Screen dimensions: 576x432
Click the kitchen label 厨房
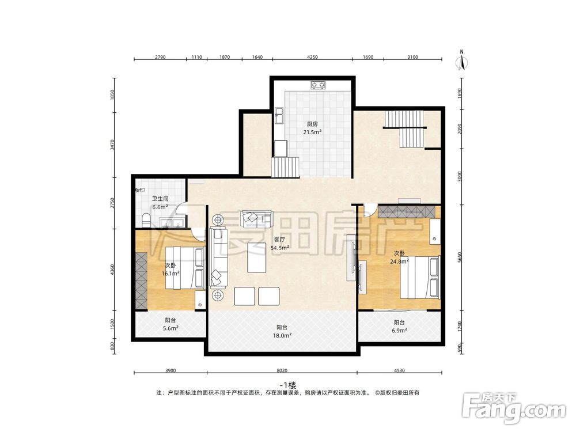pyautogui.click(x=312, y=124)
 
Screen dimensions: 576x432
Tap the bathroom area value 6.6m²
pyautogui.click(x=160, y=207)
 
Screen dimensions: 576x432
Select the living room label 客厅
pyautogui.click(x=279, y=240)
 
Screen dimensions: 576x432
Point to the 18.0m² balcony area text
pyautogui.click(x=282, y=335)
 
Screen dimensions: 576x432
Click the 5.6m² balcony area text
pyautogui.click(x=171, y=328)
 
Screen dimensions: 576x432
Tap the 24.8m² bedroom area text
pyautogui.click(x=399, y=262)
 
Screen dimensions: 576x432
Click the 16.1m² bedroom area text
pyautogui.click(x=170, y=273)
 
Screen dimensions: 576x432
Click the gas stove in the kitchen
pyautogui.click(x=318, y=85)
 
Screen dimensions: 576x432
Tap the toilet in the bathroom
pyautogui.click(x=146, y=221)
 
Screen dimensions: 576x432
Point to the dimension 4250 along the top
pyautogui.click(x=312, y=57)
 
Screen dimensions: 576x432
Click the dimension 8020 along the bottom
pyautogui.click(x=282, y=370)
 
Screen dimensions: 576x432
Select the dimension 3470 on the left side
pyautogui.click(x=113, y=145)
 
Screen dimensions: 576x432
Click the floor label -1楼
pyautogui.click(x=287, y=385)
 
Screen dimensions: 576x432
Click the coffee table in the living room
pyautogui.click(x=256, y=257)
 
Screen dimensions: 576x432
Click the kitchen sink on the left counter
pyautogui.click(x=278, y=116)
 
